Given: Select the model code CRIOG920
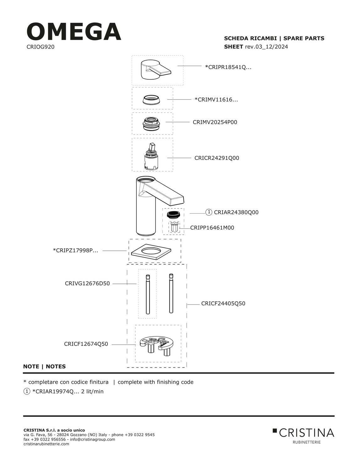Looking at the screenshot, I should point(40,47).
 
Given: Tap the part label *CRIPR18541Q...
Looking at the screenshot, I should point(228,67).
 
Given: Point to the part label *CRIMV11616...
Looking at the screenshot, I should point(216,100).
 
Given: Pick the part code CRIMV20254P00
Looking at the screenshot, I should point(215,122).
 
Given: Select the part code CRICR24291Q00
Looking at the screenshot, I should point(217,158).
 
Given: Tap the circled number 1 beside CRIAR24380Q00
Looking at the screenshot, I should point(209,212).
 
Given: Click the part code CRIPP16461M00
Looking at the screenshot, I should point(212,228).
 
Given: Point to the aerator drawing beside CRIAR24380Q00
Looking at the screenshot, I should point(173,215).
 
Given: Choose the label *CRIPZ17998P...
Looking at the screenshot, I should point(75,251).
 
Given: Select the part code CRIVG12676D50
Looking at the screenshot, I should point(87,284).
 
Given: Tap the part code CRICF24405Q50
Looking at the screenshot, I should point(223,304).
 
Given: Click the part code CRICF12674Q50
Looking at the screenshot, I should point(86,344).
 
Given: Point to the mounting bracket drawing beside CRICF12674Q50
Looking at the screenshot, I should point(155,345).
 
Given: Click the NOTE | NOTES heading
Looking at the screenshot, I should point(45,367).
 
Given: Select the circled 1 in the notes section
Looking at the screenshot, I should point(27,391).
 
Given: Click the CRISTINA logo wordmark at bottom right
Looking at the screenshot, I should point(303,433).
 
